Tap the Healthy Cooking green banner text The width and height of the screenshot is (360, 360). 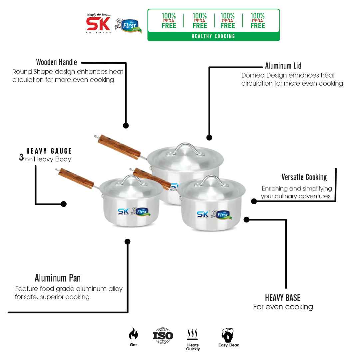(213, 36)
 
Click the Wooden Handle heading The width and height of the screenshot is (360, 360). (56, 62)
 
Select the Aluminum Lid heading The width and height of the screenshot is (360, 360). (283, 66)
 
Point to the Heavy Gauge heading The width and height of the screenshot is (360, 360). (49, 151)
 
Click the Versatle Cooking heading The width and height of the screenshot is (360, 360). (304, 177)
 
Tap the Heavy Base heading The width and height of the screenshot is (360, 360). (283, 297)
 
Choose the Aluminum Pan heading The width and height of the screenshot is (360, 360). (58, 278)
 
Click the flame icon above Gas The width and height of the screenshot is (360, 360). (133, 334)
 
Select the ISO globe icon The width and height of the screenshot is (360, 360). (163, 335)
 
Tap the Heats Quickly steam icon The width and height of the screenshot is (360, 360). (192, 334)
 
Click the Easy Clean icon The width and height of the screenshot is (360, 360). (228, 335)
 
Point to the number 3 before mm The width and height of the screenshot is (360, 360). (21, 158)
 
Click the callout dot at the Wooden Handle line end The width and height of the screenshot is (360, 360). (126, 126)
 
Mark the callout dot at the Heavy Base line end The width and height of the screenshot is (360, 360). (246, 219)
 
